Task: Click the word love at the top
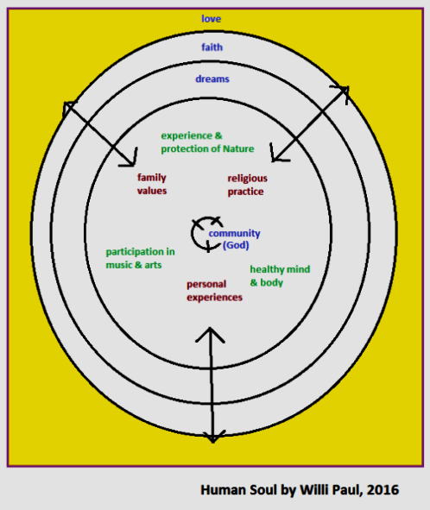tap(212, 19)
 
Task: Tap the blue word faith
tap(212, 47)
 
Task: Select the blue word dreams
tap(212, 79)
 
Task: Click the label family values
tap(152, 184)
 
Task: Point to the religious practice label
tap(248, 185)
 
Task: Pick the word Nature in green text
tap(238, 148)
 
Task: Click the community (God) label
tap(234, 239)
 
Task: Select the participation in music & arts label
tap(140, 258)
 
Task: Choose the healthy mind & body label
tap(280, 276)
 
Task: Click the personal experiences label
tap(214, 291)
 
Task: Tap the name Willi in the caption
tap(312, 489)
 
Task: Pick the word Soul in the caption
tap(263, 490)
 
